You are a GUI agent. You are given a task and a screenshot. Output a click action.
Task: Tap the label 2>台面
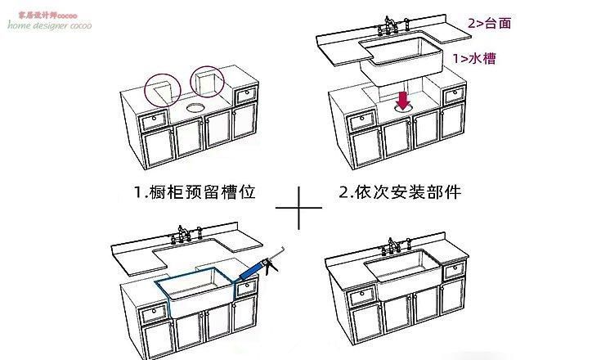490,23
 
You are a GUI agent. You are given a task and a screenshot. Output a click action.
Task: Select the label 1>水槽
474,58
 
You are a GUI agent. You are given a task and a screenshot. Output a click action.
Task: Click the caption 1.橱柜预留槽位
195,193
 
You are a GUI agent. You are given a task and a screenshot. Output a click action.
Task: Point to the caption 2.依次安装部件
400,193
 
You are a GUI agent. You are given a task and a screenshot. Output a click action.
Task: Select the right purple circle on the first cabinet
206,81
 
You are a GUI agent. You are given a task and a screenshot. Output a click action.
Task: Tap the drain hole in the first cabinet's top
194,107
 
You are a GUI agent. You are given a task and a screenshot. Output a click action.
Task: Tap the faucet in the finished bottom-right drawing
398,245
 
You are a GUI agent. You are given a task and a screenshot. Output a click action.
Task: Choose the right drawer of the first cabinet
244,97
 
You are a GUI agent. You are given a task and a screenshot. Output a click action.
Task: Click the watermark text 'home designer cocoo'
50,25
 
